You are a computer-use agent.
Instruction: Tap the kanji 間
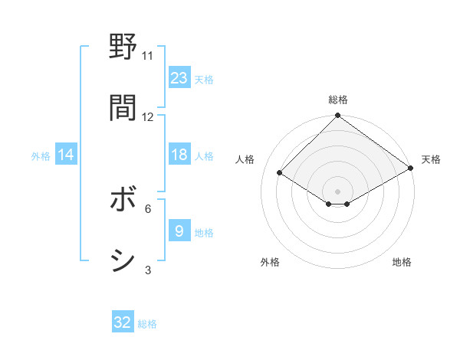click(123, 108)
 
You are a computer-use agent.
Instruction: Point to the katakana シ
click(123, 260)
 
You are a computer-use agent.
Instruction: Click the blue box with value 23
click(179, 78)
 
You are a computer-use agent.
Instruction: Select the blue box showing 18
click(179, 155)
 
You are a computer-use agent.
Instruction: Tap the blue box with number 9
click(179, 231)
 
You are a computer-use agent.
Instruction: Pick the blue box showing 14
click(66, 155)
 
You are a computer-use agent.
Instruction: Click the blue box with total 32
click(123, 322)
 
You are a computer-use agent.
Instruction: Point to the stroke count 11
click(148, 56)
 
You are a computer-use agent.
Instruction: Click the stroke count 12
click(148, 117)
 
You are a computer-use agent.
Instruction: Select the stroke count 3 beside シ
click(148, 270)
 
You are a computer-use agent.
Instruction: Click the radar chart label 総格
click(337, 100)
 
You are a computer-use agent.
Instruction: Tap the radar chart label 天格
click(431, 159)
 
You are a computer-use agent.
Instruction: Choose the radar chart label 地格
click(402, 262)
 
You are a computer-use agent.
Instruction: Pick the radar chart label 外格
click(270, 262)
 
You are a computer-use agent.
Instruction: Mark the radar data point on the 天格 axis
click(411, 169)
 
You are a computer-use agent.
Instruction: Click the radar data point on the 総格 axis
click(337, 116)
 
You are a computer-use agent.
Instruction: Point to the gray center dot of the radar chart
click(337, 191)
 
